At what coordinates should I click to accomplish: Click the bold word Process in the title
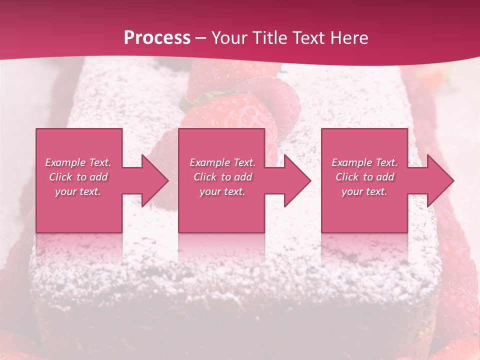click(x=157, y=38)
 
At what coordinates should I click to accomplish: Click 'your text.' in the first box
click(x=78, y=191)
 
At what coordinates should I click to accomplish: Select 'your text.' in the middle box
click(x=222, y=191)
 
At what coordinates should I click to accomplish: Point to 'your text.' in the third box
click(x=364, y=191)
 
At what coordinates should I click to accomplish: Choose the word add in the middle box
click(x=243, y=177)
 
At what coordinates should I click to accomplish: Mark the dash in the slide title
click(x=200, y=38)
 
